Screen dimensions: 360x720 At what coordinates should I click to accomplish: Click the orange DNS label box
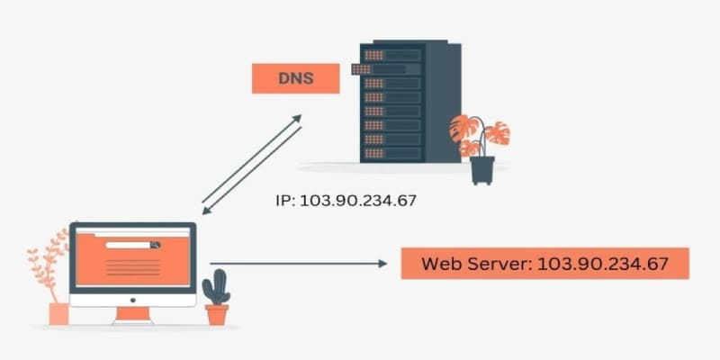[x=295, y=78]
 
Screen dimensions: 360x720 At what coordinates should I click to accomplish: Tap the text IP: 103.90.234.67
[x=346, y=200]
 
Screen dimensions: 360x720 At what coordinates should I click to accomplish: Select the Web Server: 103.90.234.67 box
[x=544, y=264]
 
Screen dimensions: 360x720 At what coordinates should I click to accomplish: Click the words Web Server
[x=475, y=264]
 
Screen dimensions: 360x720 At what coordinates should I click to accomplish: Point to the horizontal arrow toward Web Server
[x=297, y=264]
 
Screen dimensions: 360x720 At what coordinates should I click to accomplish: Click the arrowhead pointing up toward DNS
[x=298, y=119]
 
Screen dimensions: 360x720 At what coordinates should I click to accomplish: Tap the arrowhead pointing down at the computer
[x=206, y=211]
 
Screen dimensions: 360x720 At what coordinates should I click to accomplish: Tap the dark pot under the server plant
[x=482, y=170]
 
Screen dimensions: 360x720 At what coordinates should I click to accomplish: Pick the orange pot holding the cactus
[x=216, y=314]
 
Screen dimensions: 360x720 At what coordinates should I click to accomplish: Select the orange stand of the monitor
[x=132, y=314]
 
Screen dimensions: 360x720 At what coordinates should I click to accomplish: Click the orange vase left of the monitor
[x=58, y=313]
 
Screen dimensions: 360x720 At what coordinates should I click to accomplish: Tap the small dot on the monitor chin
[x=132, y=300]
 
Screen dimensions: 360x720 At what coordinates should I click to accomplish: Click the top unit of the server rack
[x=393, y=54]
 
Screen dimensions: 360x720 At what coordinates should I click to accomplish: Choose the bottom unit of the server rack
[x=393, y=152]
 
